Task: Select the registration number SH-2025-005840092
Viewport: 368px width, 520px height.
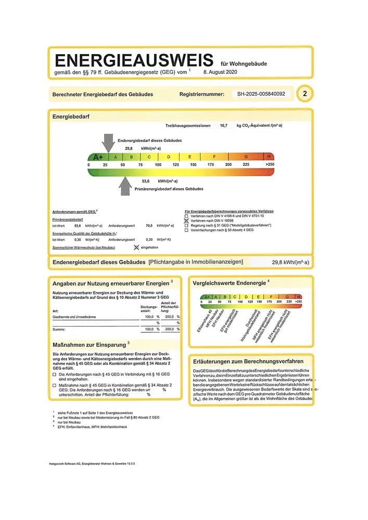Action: click(261, 94)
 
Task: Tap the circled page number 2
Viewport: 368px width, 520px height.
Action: click(304, 94)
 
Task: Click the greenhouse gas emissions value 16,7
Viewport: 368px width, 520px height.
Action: click(224, 126)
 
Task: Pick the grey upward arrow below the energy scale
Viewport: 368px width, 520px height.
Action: click(125, 186)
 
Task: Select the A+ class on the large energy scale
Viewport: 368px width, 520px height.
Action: click(98, 157)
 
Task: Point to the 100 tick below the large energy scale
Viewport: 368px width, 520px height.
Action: click(158, 165)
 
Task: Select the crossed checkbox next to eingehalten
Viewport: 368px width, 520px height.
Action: click(137, 248)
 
